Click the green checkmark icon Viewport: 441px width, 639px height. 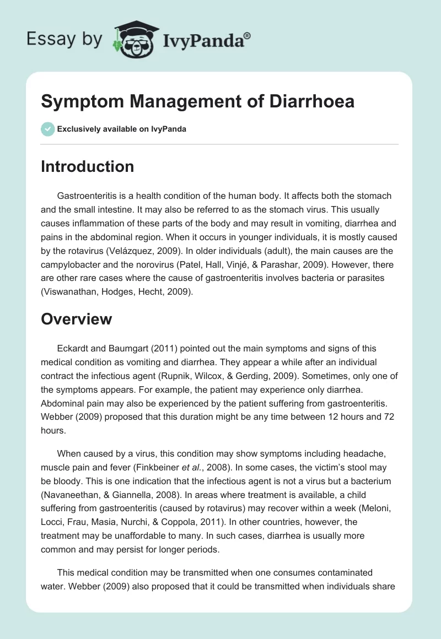(x=47, y=129)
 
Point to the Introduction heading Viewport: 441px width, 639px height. (x=87, y=166)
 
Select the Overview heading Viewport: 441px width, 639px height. (x=76, y=318)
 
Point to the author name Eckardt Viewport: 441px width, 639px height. (x=75, y=348)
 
